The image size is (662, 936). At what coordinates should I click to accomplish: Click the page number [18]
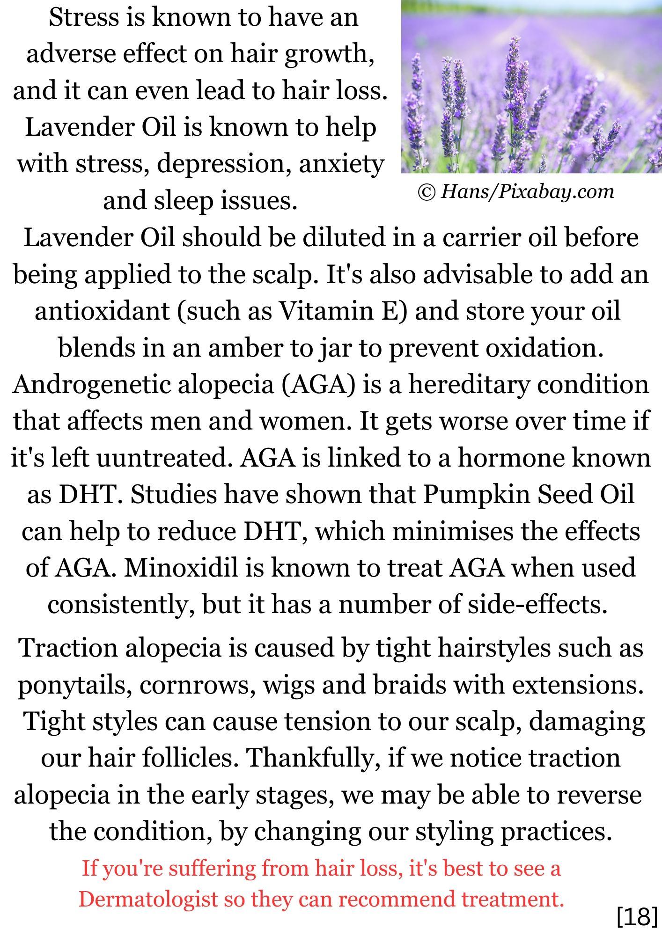(637, 916)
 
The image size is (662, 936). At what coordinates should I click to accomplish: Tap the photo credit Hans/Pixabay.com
(527, 191)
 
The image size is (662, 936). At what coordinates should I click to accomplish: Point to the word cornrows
(197, 685)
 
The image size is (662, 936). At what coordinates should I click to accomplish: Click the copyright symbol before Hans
(427, 192)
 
